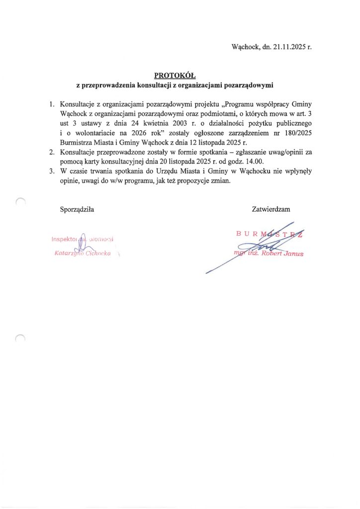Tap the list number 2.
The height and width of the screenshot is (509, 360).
click(52, 152)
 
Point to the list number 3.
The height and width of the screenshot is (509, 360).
click(52, 170)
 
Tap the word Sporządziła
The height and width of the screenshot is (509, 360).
click(77, 209)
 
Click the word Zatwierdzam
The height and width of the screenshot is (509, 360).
click(271, 209)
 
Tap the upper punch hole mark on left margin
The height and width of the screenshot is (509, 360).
click(20, 201)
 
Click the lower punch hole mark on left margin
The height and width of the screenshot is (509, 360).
click(20, 339)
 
